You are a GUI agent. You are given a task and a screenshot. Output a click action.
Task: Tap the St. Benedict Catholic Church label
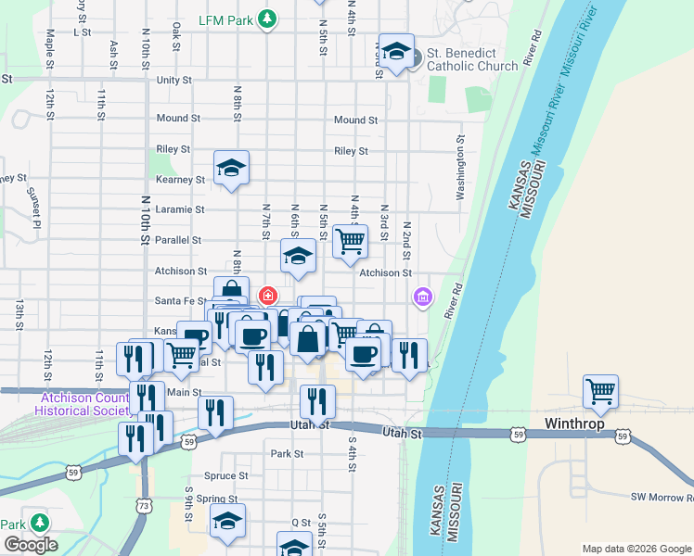[472, 59]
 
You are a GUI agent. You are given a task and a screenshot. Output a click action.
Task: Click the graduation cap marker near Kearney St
[231, 168]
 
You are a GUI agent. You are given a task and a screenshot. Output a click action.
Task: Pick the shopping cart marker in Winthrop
[601, 391]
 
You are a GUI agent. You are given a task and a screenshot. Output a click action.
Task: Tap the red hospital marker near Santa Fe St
[268, 297]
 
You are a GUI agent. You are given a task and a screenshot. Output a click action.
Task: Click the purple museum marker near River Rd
[423, 297]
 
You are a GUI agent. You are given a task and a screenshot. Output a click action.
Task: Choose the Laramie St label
[180, 209]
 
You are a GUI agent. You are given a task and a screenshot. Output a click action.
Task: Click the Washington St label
[459, 169]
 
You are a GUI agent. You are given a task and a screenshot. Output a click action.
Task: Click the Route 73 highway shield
[143, 506]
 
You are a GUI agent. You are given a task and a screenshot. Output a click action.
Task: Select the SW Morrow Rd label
[662, 498]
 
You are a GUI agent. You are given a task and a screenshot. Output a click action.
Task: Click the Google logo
[30, 545]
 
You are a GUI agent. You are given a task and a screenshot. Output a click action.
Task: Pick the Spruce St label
[225, 475]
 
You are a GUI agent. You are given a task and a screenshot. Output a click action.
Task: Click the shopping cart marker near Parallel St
[350, 241]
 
